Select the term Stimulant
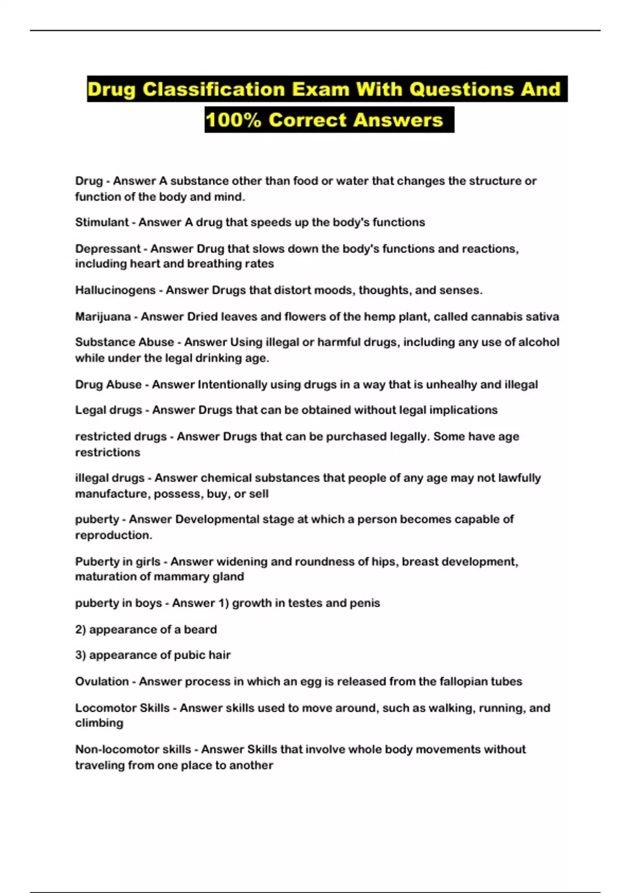click(101, 222)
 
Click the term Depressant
click(108, 248)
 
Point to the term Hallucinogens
click(115, 290)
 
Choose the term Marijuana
click(103, 316)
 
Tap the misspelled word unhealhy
click(451, 385)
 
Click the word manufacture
click(107, 494)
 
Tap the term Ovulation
click(101, 681)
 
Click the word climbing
click(99, 723)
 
